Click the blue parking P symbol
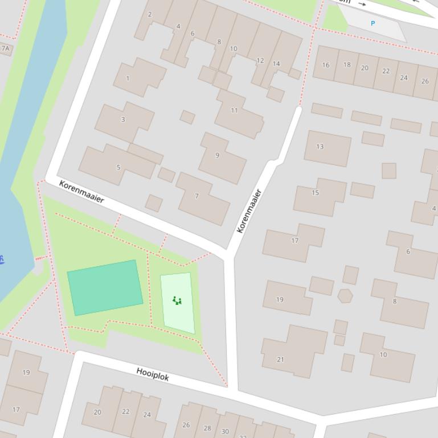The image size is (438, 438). (x=373, y=23)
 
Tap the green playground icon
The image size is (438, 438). (x=177, y=300)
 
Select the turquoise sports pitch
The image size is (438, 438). (x=105, y=287)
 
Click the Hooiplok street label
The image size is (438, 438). (x=153, y=374)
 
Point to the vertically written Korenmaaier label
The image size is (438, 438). (x=249, y=211)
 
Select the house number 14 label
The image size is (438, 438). (x=276, y=64)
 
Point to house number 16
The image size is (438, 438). (x=326, y=65)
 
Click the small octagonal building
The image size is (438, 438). (x=345, y=296)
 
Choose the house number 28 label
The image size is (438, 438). (x=207, y=428)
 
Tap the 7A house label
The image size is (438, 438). (x=5, y=49)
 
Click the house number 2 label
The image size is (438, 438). (x=150, y=14)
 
